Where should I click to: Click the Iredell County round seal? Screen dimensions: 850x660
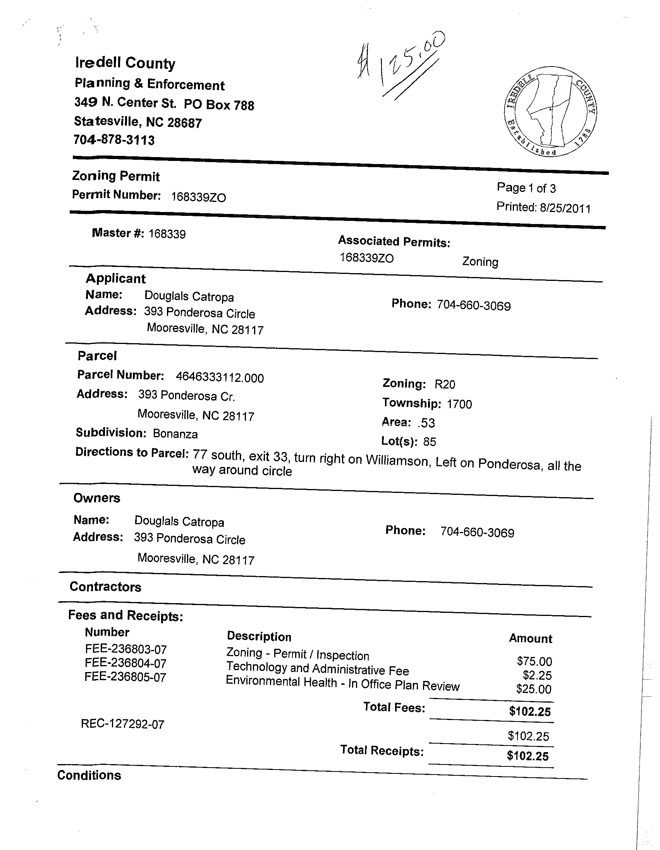pyautogui.click(x=550, y=111)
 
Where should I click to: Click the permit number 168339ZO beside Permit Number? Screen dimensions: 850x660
pyautogui.click(x=198, y=197)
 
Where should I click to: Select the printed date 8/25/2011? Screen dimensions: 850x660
pyautogui.click(x=565, y=209)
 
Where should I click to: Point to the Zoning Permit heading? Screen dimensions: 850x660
pyautogui.click(x=116, y=176)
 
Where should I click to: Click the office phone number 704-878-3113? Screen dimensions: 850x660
pyautogui.click(x=114, y=140)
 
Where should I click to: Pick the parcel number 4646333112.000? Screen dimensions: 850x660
pyautogui.click(x=220, y=378)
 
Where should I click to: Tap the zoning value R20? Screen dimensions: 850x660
pyautogui.click(x=445, y=385)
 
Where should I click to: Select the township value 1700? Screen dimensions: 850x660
pyautogui.click(x=459, y=404)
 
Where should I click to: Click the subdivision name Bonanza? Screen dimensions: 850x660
pyautogui.click(x=175, y=434)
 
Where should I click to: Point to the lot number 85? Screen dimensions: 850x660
pyautogui.click(x=430, y=442)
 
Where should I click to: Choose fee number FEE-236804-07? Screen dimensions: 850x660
pyautogui.click(x=125, y=663)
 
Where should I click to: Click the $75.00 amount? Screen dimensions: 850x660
pyautogui.click(x=534, y=661)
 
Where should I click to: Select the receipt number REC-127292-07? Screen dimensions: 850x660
pyautogui.click(x=123, y=724)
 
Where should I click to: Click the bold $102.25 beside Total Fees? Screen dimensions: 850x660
pyautogui.click(x=529, y=712)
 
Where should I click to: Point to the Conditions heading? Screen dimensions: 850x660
pyautogui.click(x=89, y=775)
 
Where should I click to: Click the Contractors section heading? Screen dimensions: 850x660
pyautogui.click(x=105, y=587)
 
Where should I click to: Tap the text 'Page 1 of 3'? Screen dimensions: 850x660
pyautogui.click(x=526, y=188)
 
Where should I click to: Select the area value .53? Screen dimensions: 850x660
pyautogui.click(x=426, y=422)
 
